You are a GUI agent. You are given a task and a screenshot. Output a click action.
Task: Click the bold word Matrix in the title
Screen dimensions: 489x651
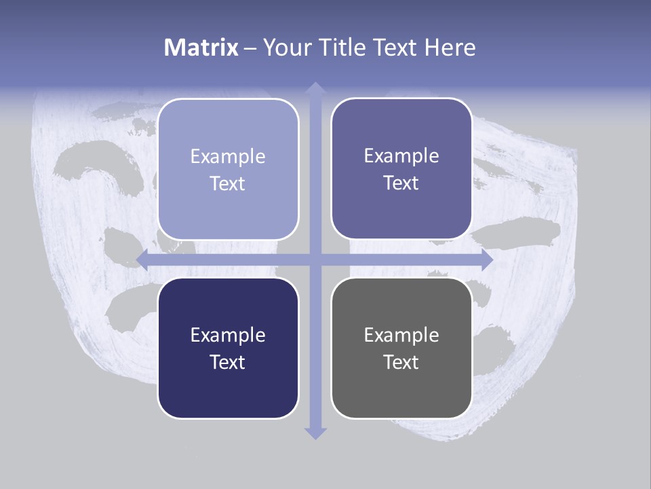201,48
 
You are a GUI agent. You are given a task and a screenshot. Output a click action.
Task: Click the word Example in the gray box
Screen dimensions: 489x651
401,335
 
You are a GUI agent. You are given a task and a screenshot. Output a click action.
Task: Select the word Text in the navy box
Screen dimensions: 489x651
228,362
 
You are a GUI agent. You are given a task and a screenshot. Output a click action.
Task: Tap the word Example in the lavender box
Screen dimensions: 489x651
228,156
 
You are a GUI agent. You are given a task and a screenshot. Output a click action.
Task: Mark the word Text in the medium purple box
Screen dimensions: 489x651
401,183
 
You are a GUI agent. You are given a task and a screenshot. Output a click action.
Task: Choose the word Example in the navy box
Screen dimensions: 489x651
228,335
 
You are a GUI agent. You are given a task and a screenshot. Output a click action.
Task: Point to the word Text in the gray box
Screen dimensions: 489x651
401,362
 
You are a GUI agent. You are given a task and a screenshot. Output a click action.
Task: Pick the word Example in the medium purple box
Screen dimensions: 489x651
401,156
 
